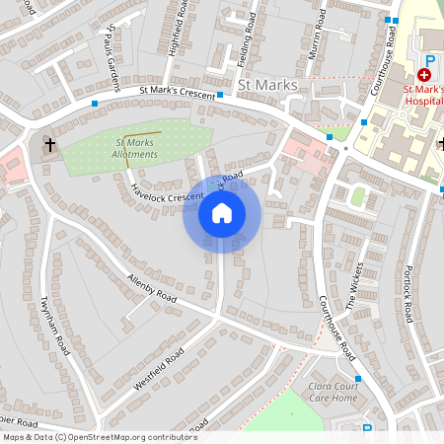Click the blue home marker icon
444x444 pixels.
tap(221, 213)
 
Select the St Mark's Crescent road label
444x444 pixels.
tap(177, 92)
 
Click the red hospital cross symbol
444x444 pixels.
tap(425, 74)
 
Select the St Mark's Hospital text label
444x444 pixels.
tap(424, 95)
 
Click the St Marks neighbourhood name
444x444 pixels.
tap(267, 86)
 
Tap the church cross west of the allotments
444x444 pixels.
tap(49, 146)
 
